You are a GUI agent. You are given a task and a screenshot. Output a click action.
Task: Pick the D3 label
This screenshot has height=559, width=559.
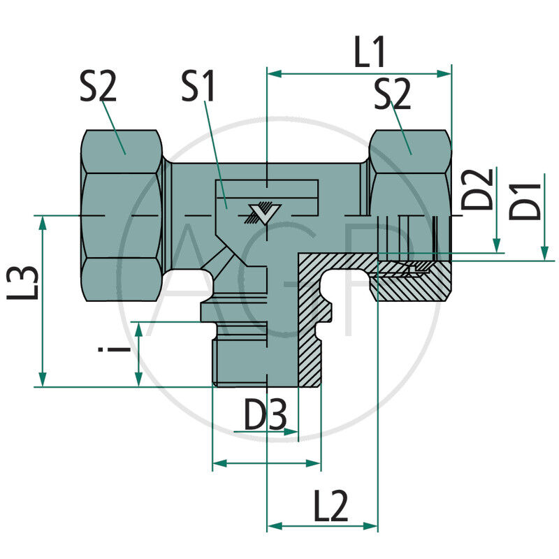pyautogui.click(x=265, y=417)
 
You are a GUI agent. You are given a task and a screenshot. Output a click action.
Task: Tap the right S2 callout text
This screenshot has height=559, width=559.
pyautogui.click(x=392, y=94)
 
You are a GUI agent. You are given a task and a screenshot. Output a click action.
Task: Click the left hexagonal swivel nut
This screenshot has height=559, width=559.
pyautogui.click(x=122, y=217)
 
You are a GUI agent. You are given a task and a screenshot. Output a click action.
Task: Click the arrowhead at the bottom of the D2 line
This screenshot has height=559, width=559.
pyautogui.click(x=497, y=246)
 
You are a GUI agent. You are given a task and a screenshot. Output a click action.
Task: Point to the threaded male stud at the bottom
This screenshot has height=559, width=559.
pyautogui.click(x=241, y=360)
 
